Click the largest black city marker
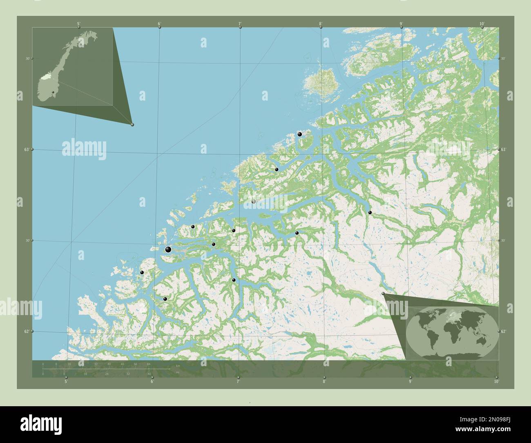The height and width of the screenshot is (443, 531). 168,249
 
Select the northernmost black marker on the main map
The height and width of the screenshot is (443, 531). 299,134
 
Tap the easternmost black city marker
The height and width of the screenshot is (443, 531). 370,212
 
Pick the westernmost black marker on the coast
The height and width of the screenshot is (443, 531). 142,272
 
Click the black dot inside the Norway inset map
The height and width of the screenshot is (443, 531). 53,92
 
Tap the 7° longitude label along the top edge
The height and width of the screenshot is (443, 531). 240,24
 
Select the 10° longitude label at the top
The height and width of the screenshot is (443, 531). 482,24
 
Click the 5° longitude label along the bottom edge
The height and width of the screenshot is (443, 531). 66,382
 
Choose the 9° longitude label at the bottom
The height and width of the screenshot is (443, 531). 410,382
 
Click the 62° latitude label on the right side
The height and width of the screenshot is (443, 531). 504,331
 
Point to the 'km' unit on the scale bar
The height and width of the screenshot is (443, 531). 177,365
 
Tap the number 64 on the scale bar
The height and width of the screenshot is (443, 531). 149,364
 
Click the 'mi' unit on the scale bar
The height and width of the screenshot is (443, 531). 177,373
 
